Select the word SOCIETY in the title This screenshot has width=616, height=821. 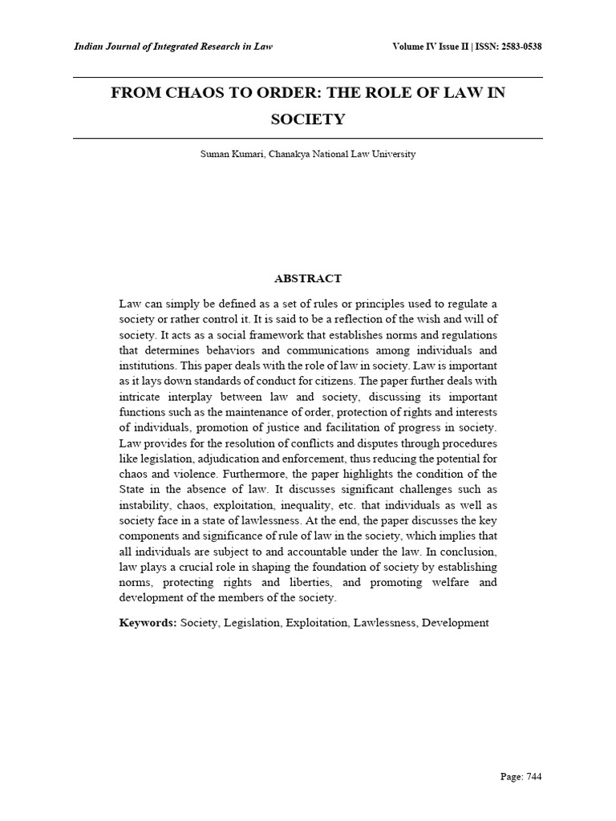(308, 119)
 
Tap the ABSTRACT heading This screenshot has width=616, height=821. (308, 279)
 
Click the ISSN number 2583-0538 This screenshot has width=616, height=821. (514, 47)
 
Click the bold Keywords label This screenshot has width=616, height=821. (148, 623)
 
